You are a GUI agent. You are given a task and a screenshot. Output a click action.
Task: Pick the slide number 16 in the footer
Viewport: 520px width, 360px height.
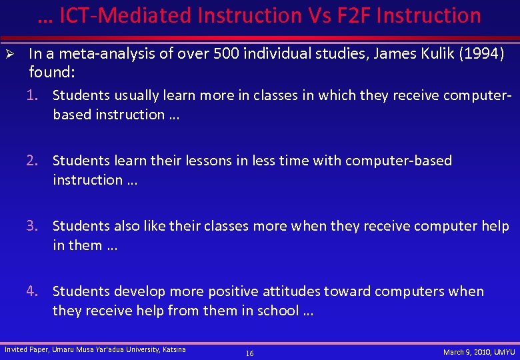249,353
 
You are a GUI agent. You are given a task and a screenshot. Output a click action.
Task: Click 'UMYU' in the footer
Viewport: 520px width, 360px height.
502,352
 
